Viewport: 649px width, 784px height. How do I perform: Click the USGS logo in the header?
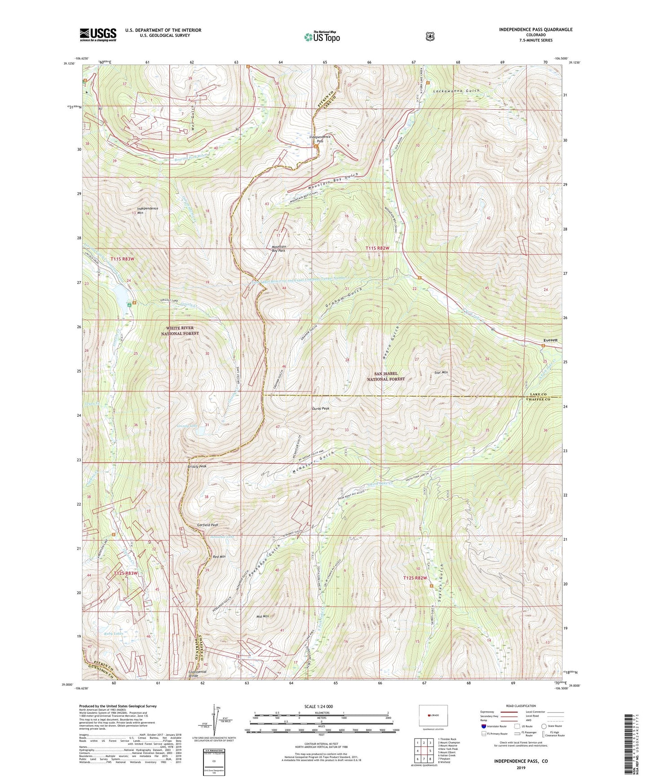pyautogui.click(x=98, y=35)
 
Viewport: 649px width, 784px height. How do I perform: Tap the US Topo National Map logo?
pyautogui.click(x=322, y=36)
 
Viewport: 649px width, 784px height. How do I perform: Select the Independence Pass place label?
pyautogui.click(x=320, y=139)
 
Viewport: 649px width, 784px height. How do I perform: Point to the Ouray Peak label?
pyautogui.click(x=320, y=409)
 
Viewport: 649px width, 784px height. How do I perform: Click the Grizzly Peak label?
pyautogui.click(x=197, y=467)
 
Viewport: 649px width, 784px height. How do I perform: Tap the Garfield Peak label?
pyautogui.click(x=208, y=525)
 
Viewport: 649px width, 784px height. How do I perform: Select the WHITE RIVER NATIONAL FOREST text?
pyautogui.click(x=180, y=330)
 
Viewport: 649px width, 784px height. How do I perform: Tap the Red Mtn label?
pyautogui.click(x=219, y=557)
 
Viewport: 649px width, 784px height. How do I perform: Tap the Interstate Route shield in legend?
pyautogui.click(x=483, y=726)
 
